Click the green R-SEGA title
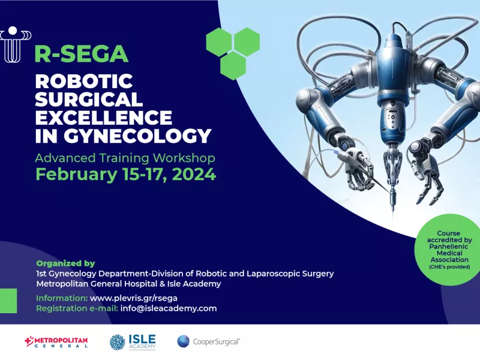tap(81, 53)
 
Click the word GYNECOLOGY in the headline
tap(137, 136)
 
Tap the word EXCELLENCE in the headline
tap(103, 117)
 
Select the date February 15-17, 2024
tap(126, 174)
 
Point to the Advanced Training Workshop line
tap(125, 158)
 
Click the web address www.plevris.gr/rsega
tap(134, 298)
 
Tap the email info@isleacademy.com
tap(169, 308)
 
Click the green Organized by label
tap(65, 263)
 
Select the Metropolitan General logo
tap(56, 341)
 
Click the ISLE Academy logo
tap(133, 342)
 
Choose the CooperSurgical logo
tap(208, 341)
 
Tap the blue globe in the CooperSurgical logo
tap(183, 341)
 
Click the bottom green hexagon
tap(233, 65)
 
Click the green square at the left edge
tap(8, 301)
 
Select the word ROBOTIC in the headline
tap(84, 82)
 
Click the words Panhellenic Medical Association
tap(449, 253)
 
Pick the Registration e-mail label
tap(77, 308)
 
